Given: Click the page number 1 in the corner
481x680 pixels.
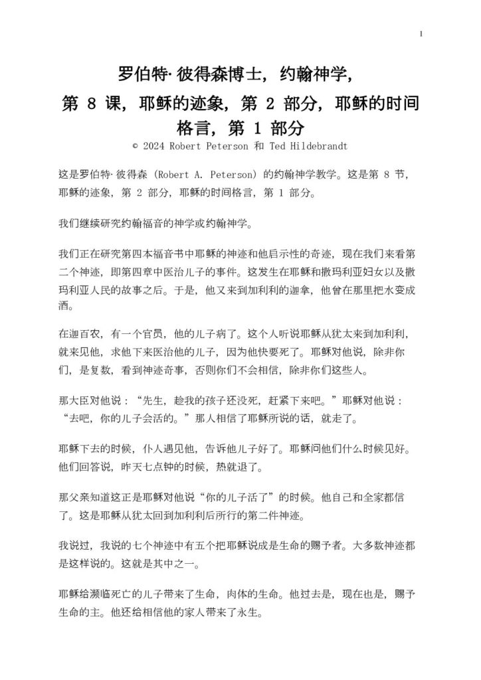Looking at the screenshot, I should (x=421, y=33).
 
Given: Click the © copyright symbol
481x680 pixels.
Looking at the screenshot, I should (x=135, y=144).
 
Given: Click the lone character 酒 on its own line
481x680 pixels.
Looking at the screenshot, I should (x=64, y=308).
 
